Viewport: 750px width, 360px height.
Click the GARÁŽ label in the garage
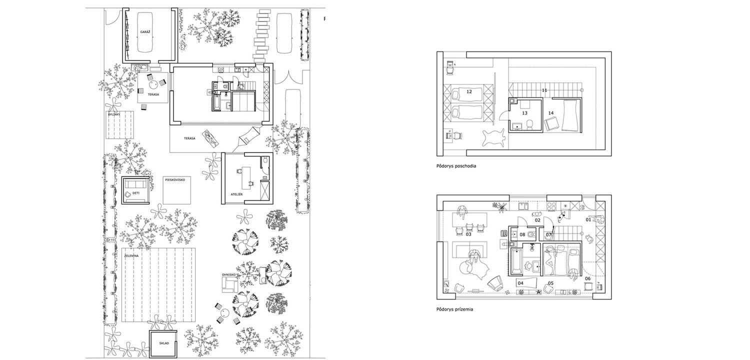(x=145, y=32)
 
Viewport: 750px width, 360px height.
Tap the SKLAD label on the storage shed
(x=164, y=343)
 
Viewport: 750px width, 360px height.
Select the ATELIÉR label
(x=236, y=194)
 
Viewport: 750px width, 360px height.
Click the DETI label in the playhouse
(x=136, y=193)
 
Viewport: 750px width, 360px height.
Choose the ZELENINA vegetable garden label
(x=131, y=256)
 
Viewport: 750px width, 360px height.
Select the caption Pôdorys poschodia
(x=456, y=166)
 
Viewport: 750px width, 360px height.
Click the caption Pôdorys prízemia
(x=454, y=309)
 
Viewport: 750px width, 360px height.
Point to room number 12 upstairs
(x=469, y=91)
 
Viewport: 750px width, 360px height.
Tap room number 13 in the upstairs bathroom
(x=524, y=113)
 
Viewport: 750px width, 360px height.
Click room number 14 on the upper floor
(x=551, y=113)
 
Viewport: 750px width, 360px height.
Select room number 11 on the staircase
(x=544, y=90)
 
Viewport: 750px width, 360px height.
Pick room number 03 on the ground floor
(x=468, y=234)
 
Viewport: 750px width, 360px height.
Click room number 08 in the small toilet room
(x=522, y=235)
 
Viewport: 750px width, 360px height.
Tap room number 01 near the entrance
(x=588, y=219)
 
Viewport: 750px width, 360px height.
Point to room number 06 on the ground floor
(x=587, y=278)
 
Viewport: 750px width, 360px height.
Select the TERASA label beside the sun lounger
(x=189, y=138)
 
